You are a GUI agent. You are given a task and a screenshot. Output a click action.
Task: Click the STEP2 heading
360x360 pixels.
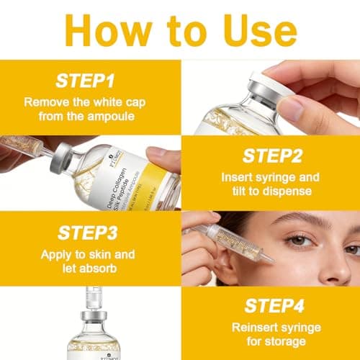pos(270,156)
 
